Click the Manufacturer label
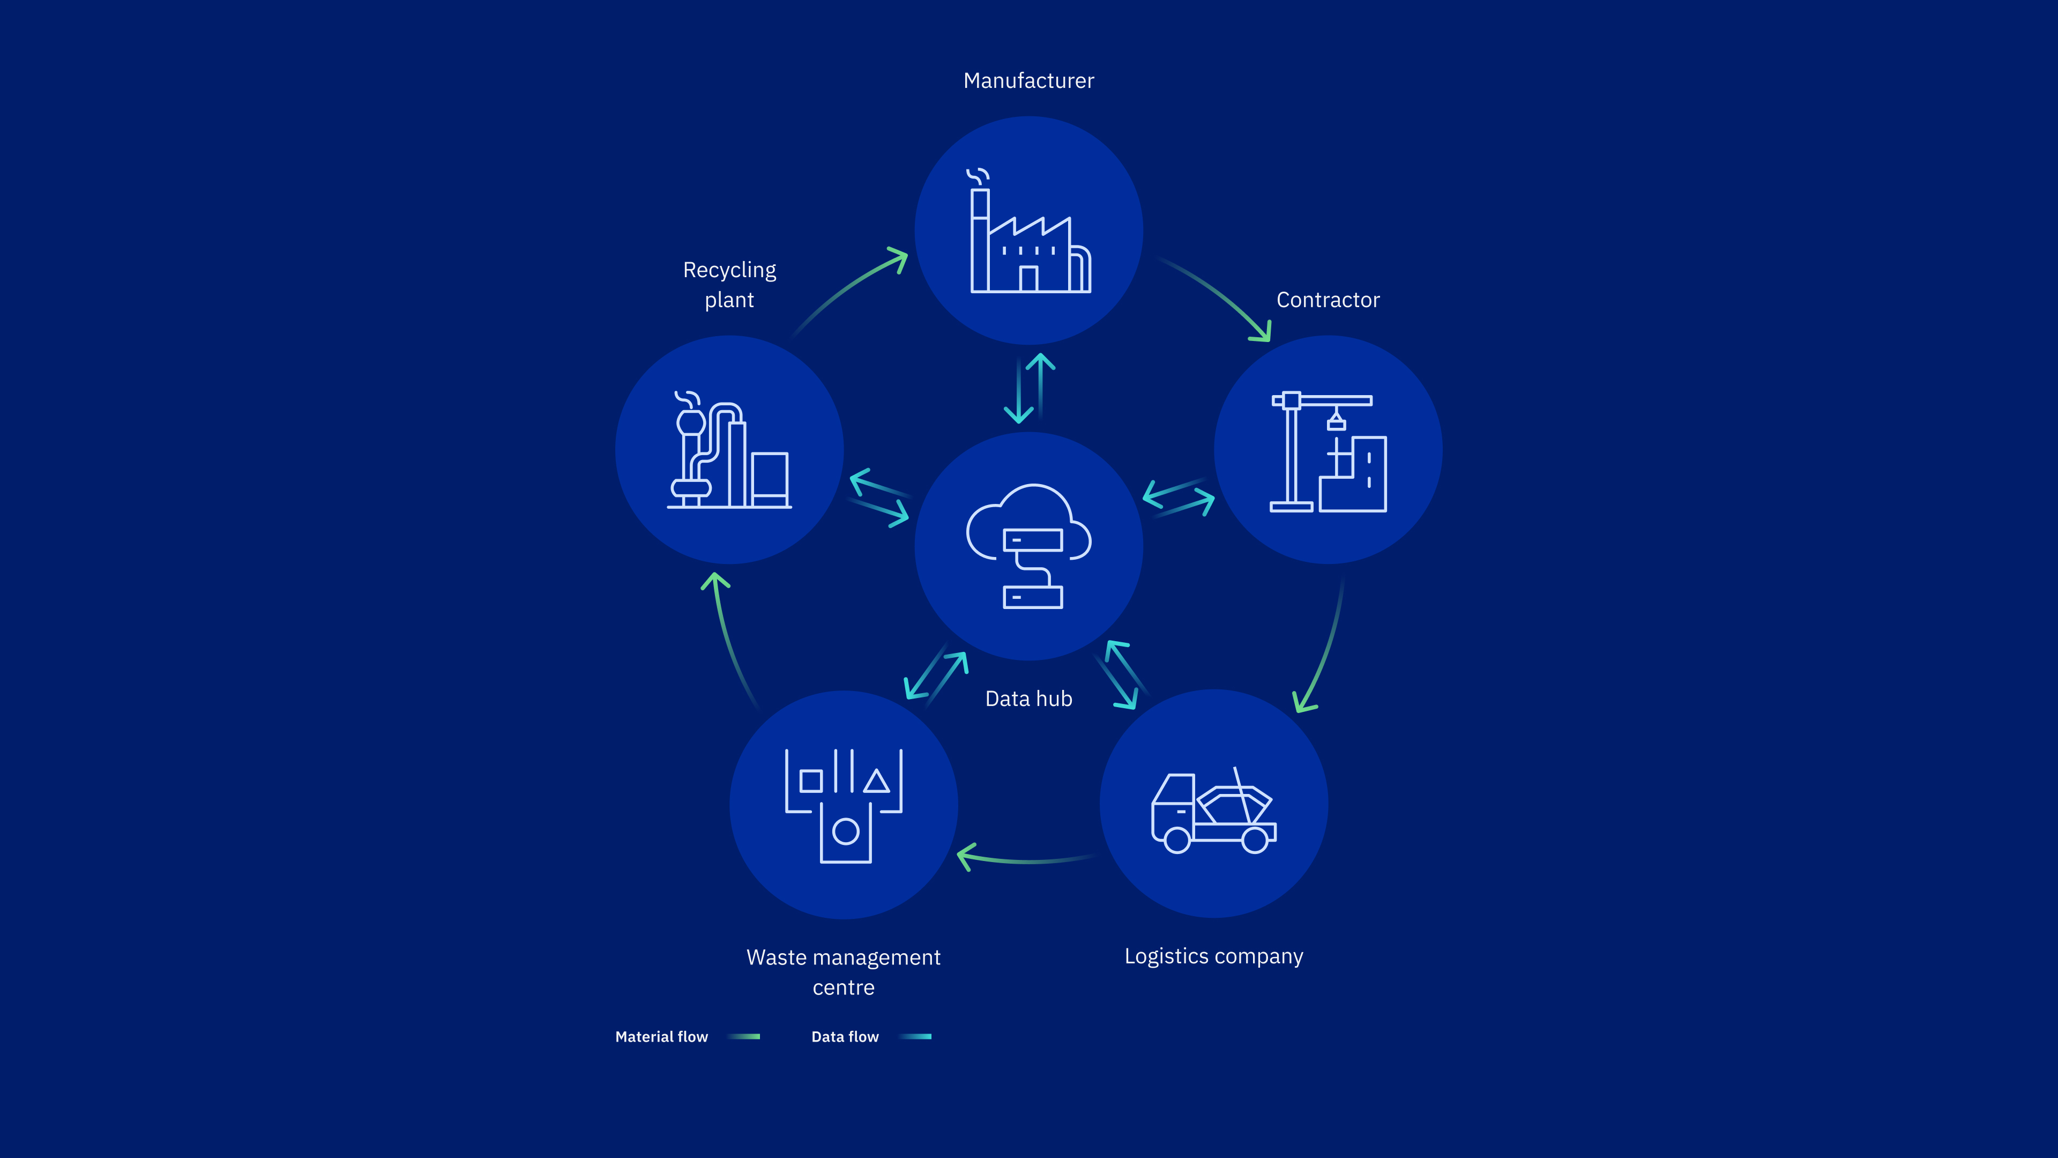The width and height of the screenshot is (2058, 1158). [1028, 81]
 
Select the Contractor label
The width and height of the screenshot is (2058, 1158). [1328, 300]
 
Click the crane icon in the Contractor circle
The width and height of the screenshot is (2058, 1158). [1329, 451]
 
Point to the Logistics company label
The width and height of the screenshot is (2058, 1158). [1213, 956]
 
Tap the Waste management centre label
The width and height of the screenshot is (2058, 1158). [844, 972]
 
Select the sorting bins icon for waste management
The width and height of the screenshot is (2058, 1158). [844, 806]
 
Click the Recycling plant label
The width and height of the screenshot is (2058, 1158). [729, 285]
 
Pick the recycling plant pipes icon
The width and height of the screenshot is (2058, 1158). [729, 450]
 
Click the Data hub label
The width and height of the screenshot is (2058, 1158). [1028, 699]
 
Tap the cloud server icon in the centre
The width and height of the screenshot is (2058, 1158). [1029, 546]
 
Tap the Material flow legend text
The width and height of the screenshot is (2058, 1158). [661, 1036]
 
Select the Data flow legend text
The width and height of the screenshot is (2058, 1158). [845, 1036]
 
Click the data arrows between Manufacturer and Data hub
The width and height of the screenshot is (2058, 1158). [1029, 388]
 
